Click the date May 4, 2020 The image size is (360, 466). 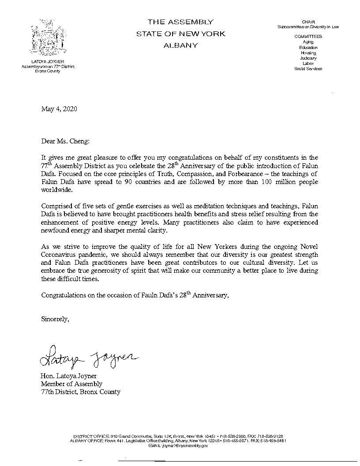click(x=59, y=109)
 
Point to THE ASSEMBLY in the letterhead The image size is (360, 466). click(x=180, y=22)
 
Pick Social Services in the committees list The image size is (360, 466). click(x=308, y=69)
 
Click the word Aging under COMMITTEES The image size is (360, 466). click(x=308, y=42)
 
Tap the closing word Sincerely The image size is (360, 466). click(x=55, y=318)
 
